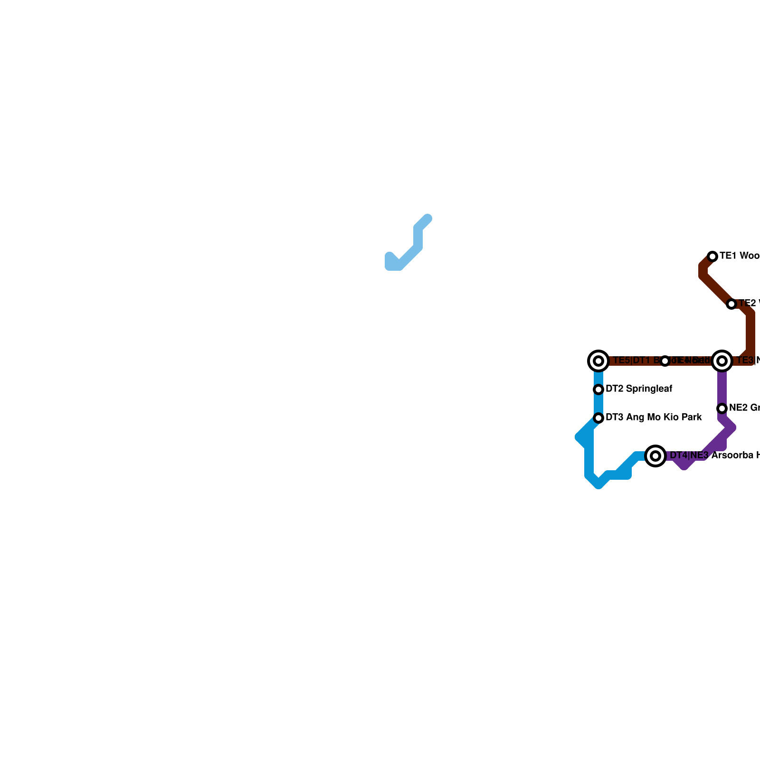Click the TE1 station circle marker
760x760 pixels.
(712, 256)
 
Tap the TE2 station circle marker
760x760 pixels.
(731, 304)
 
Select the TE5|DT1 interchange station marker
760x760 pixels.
(598, 361)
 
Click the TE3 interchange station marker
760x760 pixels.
(722, 361)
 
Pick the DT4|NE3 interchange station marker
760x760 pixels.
(655, 456)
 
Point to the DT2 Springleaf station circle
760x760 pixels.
(598, 389)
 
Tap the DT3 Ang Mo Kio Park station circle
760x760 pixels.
(598, 418)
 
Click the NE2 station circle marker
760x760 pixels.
(722, 408)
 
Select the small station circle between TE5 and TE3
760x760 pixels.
(665, 361)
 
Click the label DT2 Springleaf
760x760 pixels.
(639, 389)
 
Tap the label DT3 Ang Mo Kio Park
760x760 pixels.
(654, 418)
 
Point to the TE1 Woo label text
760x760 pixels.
(739, 256)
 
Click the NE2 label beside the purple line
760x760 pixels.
(744, 408)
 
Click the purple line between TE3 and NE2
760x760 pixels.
(722, 387)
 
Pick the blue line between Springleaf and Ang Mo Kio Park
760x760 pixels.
(598, 404)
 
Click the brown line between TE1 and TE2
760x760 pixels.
(717, 290)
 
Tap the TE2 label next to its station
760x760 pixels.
(749, 303)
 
